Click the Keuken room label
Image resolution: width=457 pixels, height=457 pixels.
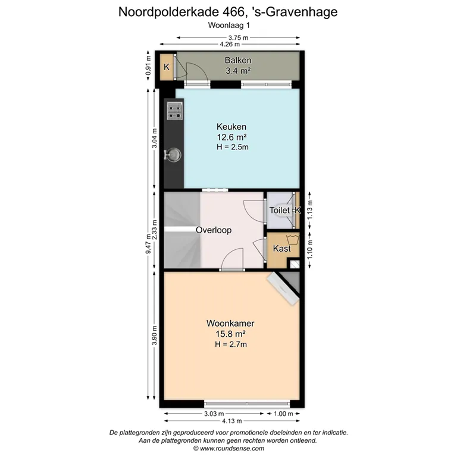point(231,127)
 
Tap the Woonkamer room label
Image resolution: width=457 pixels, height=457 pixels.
point(230,323)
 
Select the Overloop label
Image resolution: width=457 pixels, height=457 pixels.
point(214,230)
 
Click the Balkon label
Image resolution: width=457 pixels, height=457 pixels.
point(238,60)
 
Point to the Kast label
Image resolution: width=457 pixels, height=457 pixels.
point(282,249)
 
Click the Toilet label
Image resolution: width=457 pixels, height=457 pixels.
point(280,210)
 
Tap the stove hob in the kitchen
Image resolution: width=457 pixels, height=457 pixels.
point(175,111)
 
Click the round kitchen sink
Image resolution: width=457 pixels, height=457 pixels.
point(174,154)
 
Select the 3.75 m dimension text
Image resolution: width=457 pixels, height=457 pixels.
point(238,37)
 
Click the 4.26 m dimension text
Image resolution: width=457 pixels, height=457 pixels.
point(230,44)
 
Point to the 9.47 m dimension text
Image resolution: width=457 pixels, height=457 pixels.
point(148,243)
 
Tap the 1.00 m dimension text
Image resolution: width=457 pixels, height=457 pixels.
point(283,414)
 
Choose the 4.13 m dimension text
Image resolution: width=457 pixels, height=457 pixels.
point(232,421)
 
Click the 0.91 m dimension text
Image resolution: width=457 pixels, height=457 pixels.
point(148,65)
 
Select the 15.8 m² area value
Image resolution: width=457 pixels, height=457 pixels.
point(230,334)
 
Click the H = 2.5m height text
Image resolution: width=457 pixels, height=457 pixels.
point(232,147)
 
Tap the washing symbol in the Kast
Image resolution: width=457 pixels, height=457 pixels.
point(293,240)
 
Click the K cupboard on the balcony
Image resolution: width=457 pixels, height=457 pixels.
point(167,67)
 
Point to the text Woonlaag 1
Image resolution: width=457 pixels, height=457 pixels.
point(228,26)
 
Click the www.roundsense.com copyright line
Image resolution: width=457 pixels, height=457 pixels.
point(228,448)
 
